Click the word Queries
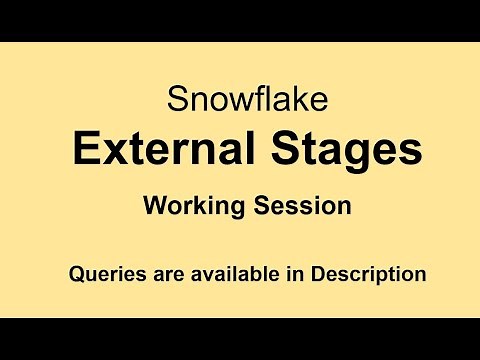click(103, 272)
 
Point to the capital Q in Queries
click(75, 272)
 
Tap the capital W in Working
click(153, 206)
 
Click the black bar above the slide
click(240, 20)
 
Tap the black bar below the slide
click(240, 339)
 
